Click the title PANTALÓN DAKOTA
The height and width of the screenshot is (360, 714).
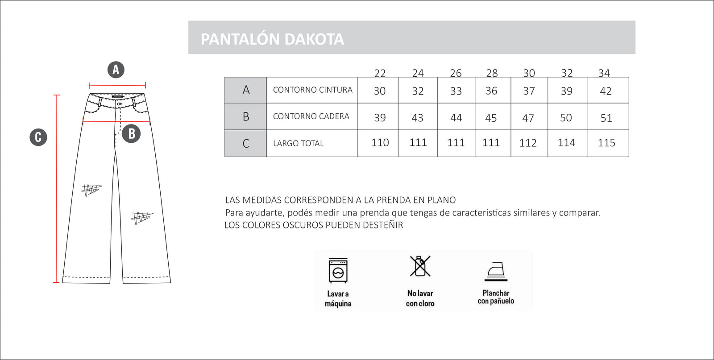click(272, 39)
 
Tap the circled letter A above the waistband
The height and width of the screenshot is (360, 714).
click(116, 70)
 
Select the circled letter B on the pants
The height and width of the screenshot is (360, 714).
click(131, 133)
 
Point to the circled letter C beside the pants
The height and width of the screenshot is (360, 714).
click(38, 137)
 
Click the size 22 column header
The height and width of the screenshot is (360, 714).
click(380, 73)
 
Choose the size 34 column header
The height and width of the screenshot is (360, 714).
click(604, 73)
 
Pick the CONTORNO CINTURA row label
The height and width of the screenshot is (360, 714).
click(312, 90)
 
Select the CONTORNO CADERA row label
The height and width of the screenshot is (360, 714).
click(311, 116)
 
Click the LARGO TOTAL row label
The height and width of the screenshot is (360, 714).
click(298, 144)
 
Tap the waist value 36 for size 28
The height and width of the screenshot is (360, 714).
click(491, 91)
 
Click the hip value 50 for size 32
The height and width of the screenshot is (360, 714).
click(566, 118)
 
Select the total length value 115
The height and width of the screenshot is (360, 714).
click(606, 143)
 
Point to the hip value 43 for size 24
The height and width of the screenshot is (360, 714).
click(417, 118)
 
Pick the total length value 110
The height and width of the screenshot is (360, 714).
click(380, 143)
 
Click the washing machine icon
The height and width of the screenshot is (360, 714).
click(338, 270)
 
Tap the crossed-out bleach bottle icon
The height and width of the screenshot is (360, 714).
click(420, 266)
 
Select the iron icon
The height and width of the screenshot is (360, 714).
click(496, 271)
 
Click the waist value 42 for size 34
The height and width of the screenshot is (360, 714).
click(606, 91)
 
